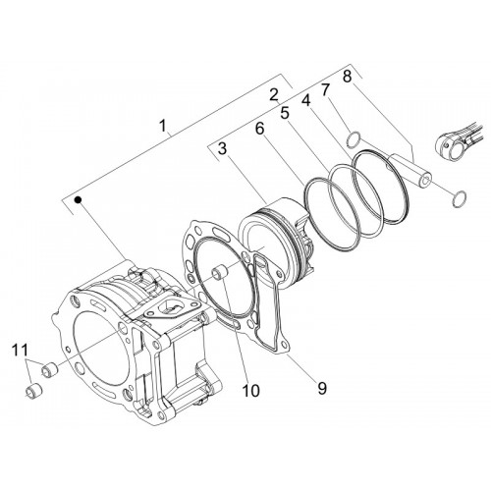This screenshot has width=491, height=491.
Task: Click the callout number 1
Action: point(163,126)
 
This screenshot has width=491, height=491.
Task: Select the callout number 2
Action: point(274,94)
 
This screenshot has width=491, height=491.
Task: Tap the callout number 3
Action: point(222,149)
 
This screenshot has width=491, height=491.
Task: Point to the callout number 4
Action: point(306,101)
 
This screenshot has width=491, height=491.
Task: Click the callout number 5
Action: point(285,113)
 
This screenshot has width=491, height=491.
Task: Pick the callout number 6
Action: point(259,129)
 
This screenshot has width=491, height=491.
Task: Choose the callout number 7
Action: point(325,90)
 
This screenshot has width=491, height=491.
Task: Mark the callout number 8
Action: point(348,76)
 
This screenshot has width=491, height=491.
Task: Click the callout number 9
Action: point(322,388)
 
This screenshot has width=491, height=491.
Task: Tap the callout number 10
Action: point(251,390)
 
